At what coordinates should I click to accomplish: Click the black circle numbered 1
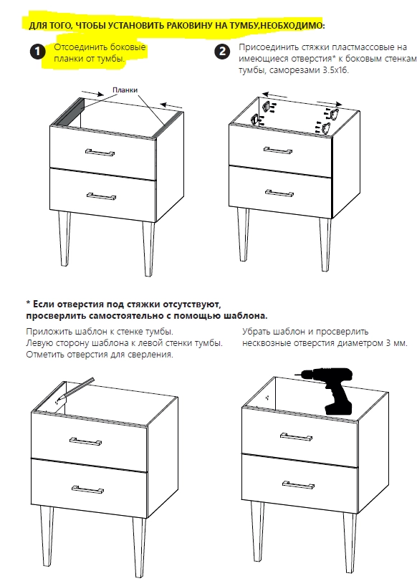(x=37, y=52)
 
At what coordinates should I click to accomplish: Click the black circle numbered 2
(x=222, y=51)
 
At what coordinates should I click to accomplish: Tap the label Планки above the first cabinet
(x=125, y=90)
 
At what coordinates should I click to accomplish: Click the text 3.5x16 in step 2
(x=335, y=70)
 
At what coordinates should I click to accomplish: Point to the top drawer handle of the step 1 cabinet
(x=100, y=152)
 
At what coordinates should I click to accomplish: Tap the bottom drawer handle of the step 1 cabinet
(x=101, y=196)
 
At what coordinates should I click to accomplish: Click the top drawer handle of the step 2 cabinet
(x=277, y=150)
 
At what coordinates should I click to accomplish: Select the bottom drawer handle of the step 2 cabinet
(x=279, y=193)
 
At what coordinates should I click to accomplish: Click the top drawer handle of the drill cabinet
(x=296, y=436)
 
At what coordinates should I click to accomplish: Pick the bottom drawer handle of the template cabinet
(x=87, y=489)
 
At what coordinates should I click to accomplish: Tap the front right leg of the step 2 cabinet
(x=325, y=244)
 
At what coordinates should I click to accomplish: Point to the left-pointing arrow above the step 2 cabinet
(x=274, y=95)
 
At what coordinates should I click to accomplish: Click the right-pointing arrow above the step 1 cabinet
(x=92, y=93)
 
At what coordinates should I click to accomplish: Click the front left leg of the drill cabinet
(x=258, y=529)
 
